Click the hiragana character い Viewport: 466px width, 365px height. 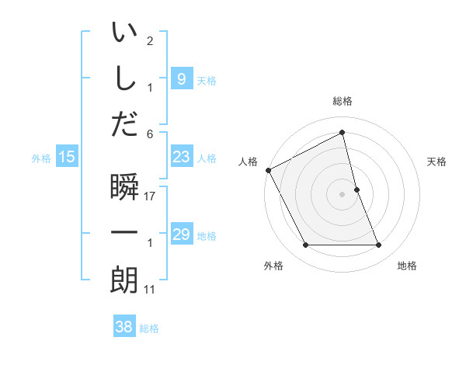tap(124, 33)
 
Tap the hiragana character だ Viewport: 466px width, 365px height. tap(124, 124)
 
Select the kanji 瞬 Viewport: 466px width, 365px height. tap(124, 189)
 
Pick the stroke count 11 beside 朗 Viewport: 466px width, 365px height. tap(150, 290)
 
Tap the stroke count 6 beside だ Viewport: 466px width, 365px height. tap(150, 133)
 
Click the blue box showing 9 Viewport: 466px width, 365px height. tap(181, 78)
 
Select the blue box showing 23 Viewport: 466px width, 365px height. tap(181, 157)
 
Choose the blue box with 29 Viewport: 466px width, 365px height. tap(181, 235)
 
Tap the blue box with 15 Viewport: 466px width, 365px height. tap(66, 157)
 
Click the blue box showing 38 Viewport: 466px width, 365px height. tap(124, 326)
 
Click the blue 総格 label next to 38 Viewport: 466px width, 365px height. tap(149, 328)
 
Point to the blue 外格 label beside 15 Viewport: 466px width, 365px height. tap(41, 158)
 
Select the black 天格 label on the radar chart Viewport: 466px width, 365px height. tap(437, 162)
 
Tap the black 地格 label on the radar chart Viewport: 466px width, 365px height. tap(407, 266)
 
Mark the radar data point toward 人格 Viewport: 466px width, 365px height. tap(269, 170)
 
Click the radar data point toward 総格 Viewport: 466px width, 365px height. tap(342, 133)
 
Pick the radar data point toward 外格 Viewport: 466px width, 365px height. tap(305, 245)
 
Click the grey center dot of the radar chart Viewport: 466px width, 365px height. tap(342, 194)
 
